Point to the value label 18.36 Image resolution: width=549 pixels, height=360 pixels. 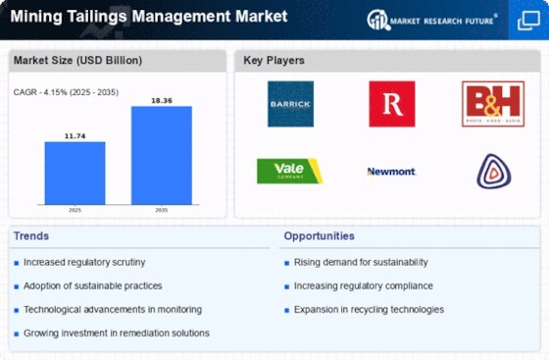(x=161, y=99)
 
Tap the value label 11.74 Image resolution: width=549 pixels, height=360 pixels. (x=75, y=134)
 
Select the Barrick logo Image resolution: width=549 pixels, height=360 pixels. (x=290, y=104)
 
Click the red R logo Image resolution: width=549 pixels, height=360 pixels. (x=391, y=104)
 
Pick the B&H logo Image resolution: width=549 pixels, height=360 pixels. (x=493, y=104)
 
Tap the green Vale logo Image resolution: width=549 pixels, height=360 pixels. (x=290, y=171)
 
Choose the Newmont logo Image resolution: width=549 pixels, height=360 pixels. (x=391, y=172)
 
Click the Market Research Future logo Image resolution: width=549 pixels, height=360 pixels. (x=432, y=19)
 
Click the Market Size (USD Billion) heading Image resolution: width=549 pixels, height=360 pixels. (x=77, y=61)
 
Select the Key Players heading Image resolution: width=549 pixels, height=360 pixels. (x=274, y=61)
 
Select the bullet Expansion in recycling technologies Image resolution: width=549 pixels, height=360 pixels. (x=369, y=309)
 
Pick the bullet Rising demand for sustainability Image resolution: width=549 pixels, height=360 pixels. (x=360, y=262)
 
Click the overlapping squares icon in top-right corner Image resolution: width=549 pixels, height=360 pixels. (x=526, y=19)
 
